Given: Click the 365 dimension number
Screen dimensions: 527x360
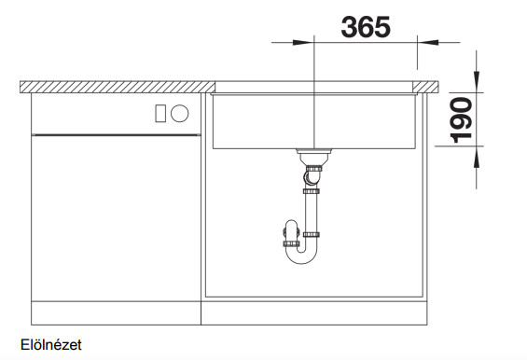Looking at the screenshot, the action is pyautogui.click(x=366, y=27).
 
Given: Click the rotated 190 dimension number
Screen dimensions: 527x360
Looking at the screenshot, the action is pyautogui.click(x=461, y=120).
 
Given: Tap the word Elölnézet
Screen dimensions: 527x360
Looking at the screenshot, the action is pyautogui.click(x=51, y=345).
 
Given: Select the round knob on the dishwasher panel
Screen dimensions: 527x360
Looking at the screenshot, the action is pyautogui.click(x=179, y=113).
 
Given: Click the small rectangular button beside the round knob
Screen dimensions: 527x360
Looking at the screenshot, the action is pyautogui.click(x=160, y=113).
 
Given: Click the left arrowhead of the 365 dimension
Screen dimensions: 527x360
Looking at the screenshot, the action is pyautogui.click(x=303, y=42).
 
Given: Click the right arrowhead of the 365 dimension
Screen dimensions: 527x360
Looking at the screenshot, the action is pyautogui.click(x=428, y=42).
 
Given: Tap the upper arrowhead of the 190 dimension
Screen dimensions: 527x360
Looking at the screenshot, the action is pyautogui.click(x=477, y=81).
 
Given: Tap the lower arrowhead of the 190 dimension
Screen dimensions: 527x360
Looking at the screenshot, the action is pyautogui.click(x=477, y=157).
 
